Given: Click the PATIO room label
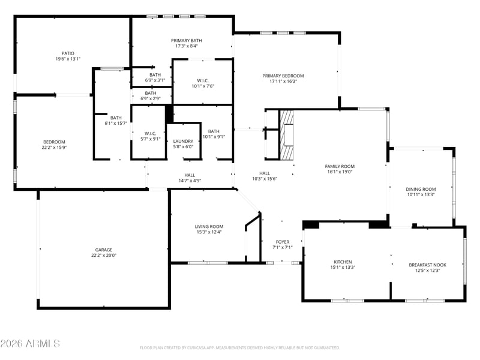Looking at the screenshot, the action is coord(68,53).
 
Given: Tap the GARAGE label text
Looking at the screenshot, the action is coord(104,250).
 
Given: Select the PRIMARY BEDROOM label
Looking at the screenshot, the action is coord(283,76).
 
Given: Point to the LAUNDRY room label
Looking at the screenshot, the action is coord(183,141).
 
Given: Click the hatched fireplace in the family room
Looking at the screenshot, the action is coord(287,134).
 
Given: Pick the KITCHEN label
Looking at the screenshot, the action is coord(343,262).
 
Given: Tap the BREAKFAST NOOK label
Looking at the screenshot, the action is coord(428,265).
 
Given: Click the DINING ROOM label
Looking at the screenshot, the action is coord(421,189).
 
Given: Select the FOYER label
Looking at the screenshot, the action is coord(283,242).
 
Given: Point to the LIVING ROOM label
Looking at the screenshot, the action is coord(209,227).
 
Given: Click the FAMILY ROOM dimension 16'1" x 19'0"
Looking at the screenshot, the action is coord(340,172).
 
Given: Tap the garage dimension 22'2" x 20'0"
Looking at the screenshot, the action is coord(104,256).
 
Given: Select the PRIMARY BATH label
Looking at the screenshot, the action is coord(187,40).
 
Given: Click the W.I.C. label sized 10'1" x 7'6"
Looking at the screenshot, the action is coord(203,81).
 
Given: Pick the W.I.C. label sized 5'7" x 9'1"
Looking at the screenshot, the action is coord(151,134).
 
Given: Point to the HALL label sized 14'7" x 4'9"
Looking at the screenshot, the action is coord(190,175).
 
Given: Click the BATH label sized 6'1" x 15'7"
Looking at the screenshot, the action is coord(116,118).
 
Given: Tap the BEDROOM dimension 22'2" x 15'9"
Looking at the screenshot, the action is coord(54,147).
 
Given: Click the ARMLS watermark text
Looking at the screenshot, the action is coord(30,343).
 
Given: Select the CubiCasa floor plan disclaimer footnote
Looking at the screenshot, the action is coord(239,348).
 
